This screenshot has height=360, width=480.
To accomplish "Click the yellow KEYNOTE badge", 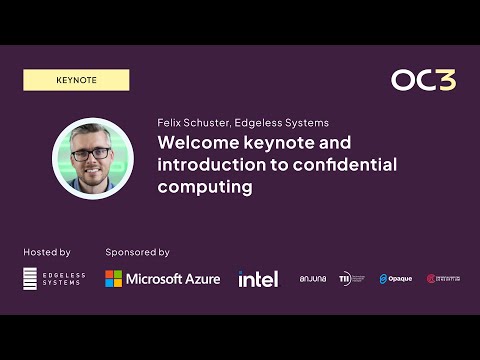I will click(76, 80).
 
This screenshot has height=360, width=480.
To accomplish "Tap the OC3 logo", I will click(424, 80).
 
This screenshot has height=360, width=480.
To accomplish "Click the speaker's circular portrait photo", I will click(92, 159).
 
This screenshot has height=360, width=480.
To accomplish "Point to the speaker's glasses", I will click(93, 153).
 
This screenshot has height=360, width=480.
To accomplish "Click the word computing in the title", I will click(204, 186).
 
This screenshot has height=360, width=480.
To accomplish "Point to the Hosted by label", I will click(46, 252).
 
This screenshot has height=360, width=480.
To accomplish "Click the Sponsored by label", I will click(137, 252).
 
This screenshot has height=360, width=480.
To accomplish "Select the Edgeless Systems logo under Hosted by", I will click(54, 278).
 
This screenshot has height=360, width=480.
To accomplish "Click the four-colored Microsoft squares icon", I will click(114, 278).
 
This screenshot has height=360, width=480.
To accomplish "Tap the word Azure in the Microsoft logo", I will click(200, 278).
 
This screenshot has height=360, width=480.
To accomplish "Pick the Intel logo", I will click(258, 278).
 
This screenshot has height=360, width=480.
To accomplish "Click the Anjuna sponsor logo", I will click(313, 278).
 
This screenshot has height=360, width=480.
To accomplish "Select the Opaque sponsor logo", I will click(395, 278).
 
